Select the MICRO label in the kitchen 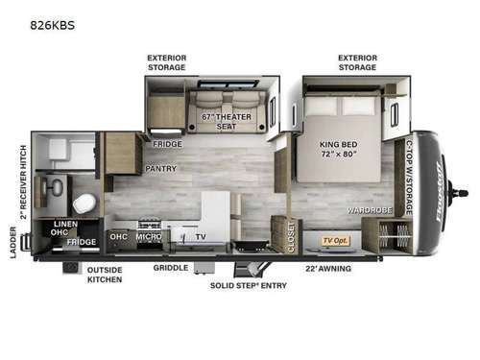click(x=148, y=235)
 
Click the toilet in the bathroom click(x=84, y=204)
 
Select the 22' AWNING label click(x=327, y=268)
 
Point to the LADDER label click(x=13, y=243)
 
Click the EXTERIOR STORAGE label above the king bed click(x=357, y=62)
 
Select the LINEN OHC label click(x=59, y=228)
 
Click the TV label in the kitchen click(x=200, y=235)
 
